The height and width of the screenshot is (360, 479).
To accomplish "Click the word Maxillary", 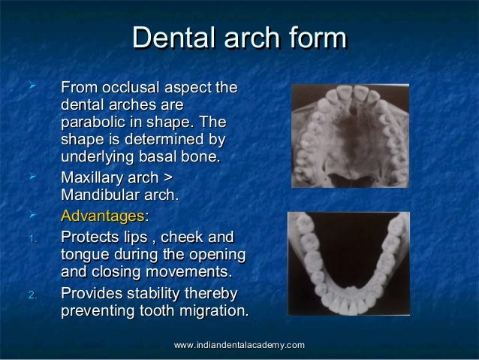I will (93, 180).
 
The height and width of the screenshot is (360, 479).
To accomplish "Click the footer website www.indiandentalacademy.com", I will (239, 344).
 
